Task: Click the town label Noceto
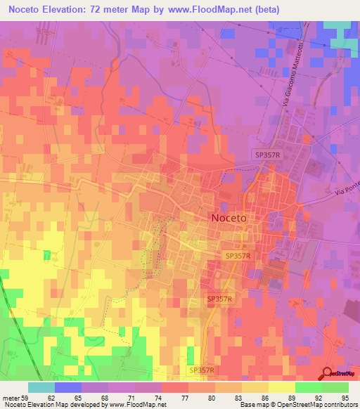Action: (229, 218)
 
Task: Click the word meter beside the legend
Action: (10, 397)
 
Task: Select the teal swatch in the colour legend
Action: (41, 387)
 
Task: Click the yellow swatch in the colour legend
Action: (282, 387)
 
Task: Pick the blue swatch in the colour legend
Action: (67, 387)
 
